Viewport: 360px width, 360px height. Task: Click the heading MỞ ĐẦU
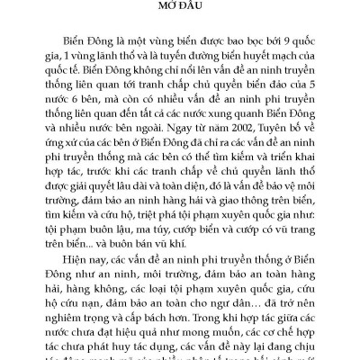pos(180,10)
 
